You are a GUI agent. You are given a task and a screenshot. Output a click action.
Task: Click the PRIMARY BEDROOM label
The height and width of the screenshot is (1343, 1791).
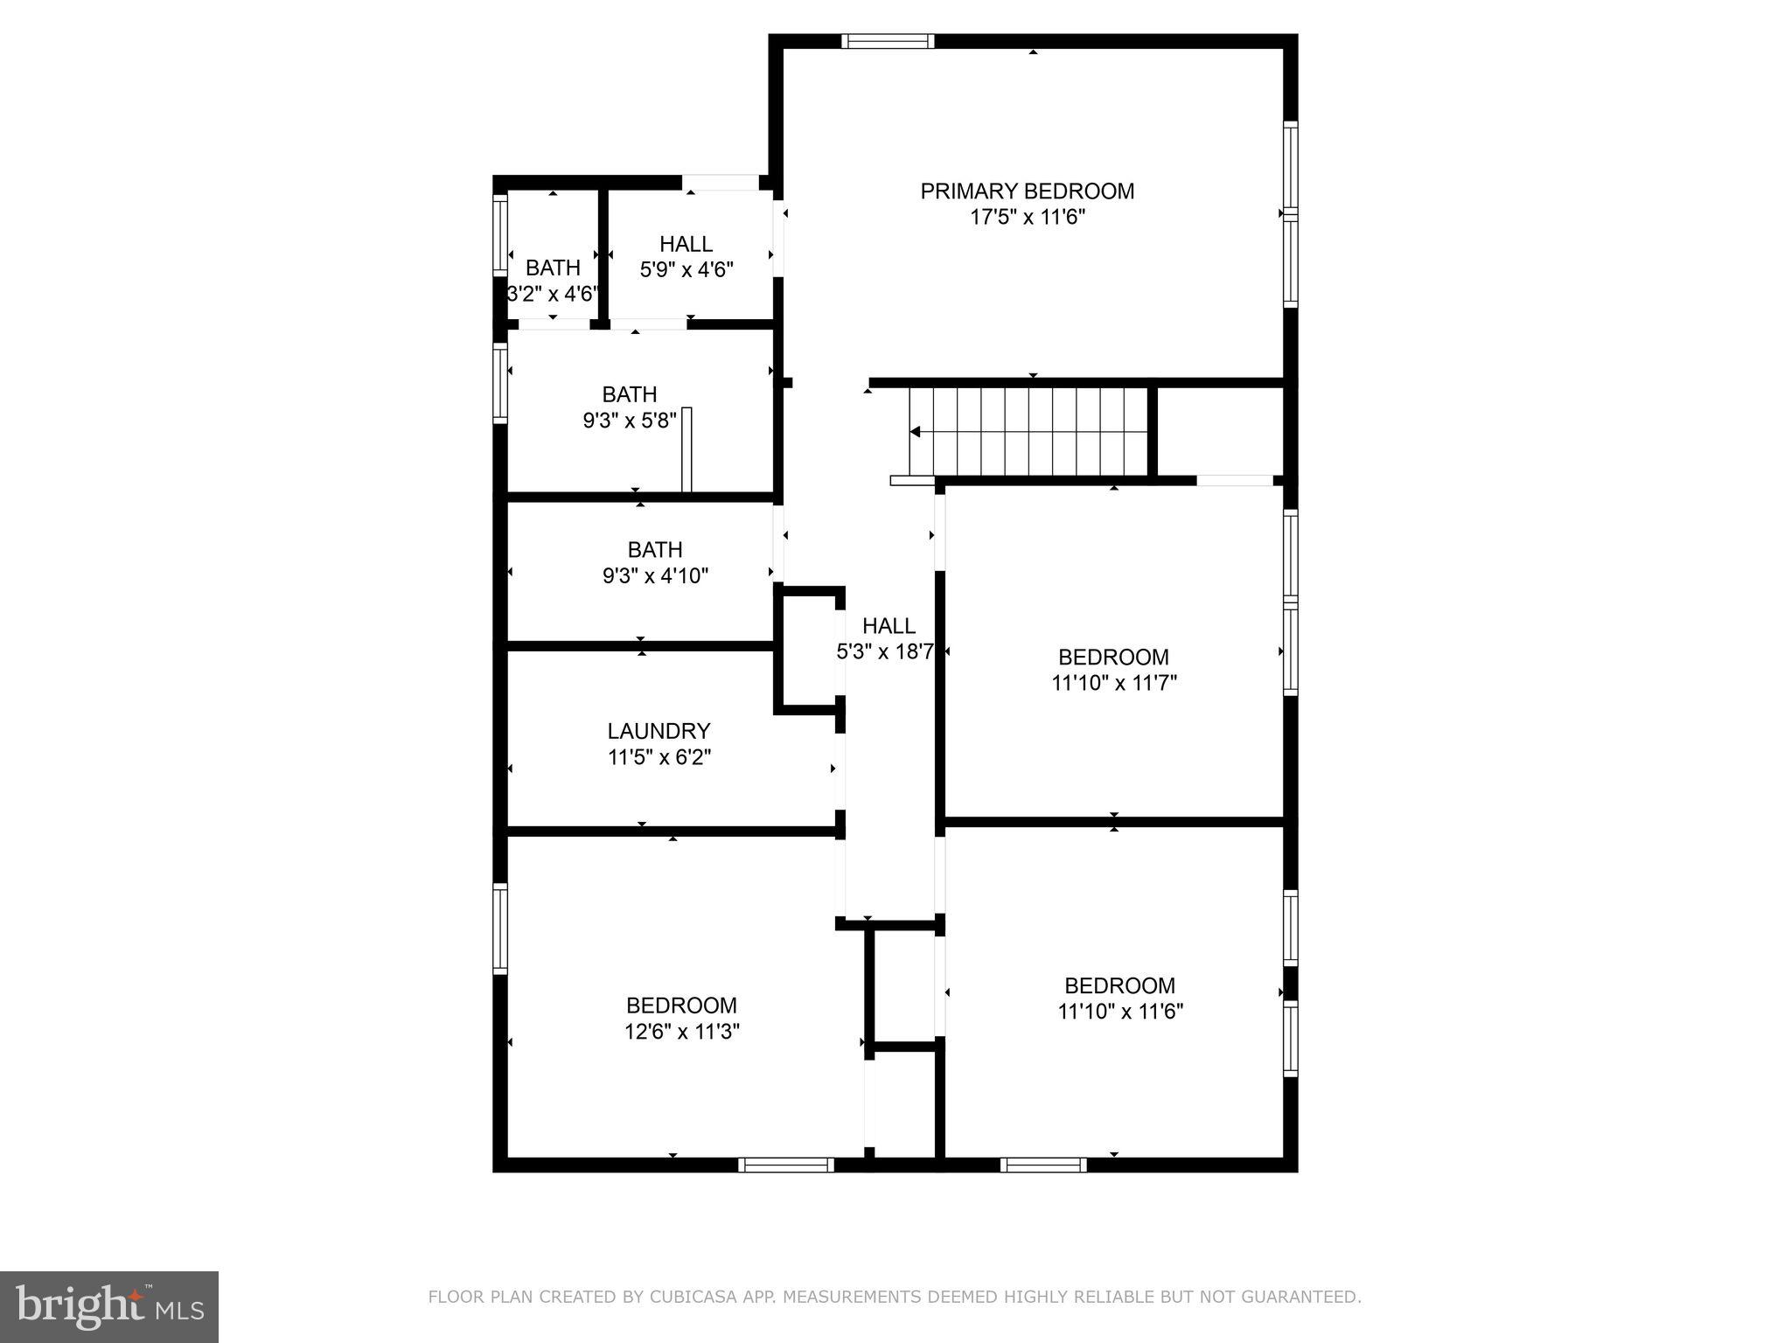[x=1027, y=191]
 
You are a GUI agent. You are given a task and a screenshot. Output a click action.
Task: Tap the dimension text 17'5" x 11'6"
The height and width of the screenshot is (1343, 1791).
[x=1027, y=217]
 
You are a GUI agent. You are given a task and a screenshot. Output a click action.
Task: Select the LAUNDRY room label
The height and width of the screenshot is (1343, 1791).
[x=659, y=730]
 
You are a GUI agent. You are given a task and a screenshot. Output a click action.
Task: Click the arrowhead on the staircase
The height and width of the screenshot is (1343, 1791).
[x=915, y=431]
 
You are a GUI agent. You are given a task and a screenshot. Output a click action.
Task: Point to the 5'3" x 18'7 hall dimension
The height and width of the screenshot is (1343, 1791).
[x=885, y=651]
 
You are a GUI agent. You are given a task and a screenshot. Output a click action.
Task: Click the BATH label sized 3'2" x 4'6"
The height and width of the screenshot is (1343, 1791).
[x=553, y=268]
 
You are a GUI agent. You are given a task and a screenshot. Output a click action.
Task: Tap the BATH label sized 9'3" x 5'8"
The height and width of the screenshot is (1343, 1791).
[x=630, y=394]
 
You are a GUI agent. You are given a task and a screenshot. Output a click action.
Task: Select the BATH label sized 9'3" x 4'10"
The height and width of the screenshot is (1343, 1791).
[x=655, y=550]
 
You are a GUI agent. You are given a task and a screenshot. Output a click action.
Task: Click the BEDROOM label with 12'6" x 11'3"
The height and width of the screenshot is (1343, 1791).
[x=681, y=1005]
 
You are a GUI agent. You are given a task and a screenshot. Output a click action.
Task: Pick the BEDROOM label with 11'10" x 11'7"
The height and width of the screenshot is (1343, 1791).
[x=1113, y=657]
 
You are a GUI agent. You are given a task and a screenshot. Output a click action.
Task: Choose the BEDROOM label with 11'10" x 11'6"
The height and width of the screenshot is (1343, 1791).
[x=1119, y=985]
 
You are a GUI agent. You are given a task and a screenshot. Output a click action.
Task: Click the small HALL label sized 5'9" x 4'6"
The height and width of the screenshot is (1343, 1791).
[x=686, y=244]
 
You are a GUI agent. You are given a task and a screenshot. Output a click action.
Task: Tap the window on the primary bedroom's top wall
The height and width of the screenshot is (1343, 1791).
[x=888, y=41]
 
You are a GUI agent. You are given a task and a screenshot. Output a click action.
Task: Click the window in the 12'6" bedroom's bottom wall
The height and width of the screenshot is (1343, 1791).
[x=786, y=1164]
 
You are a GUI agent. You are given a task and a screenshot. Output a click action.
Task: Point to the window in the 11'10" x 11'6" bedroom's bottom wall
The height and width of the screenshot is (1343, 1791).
[x=1043, y=1164]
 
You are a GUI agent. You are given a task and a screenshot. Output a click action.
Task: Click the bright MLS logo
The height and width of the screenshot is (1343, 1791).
[x=108, y=1306]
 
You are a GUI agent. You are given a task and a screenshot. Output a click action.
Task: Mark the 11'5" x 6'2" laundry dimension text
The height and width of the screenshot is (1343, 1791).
[x=659, y=757]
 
